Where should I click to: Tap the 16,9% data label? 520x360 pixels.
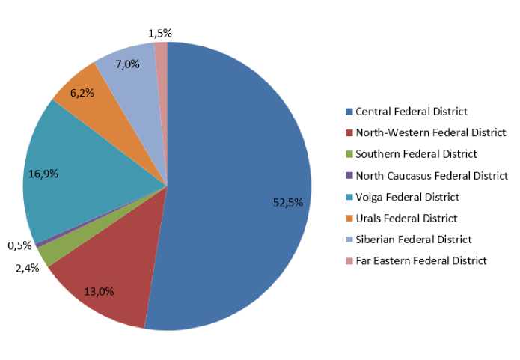tap(43, 174)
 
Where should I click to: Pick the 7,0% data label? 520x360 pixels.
tap(127, 64)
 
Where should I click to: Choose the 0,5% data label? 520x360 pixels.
tap(19, 246)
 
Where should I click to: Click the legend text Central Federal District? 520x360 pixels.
tap(412, 112)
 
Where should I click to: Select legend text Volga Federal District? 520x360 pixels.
tap(407, 197)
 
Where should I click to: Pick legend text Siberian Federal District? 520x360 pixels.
tap(414, 240)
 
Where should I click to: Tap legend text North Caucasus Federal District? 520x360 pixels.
tap(432, 176)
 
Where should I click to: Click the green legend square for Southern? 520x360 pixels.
tap(349, 154)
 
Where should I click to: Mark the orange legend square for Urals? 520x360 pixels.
tap(349, 219)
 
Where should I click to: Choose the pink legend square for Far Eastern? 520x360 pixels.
tap(349, 261)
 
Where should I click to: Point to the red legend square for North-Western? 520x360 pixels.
tap(349, 133)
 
